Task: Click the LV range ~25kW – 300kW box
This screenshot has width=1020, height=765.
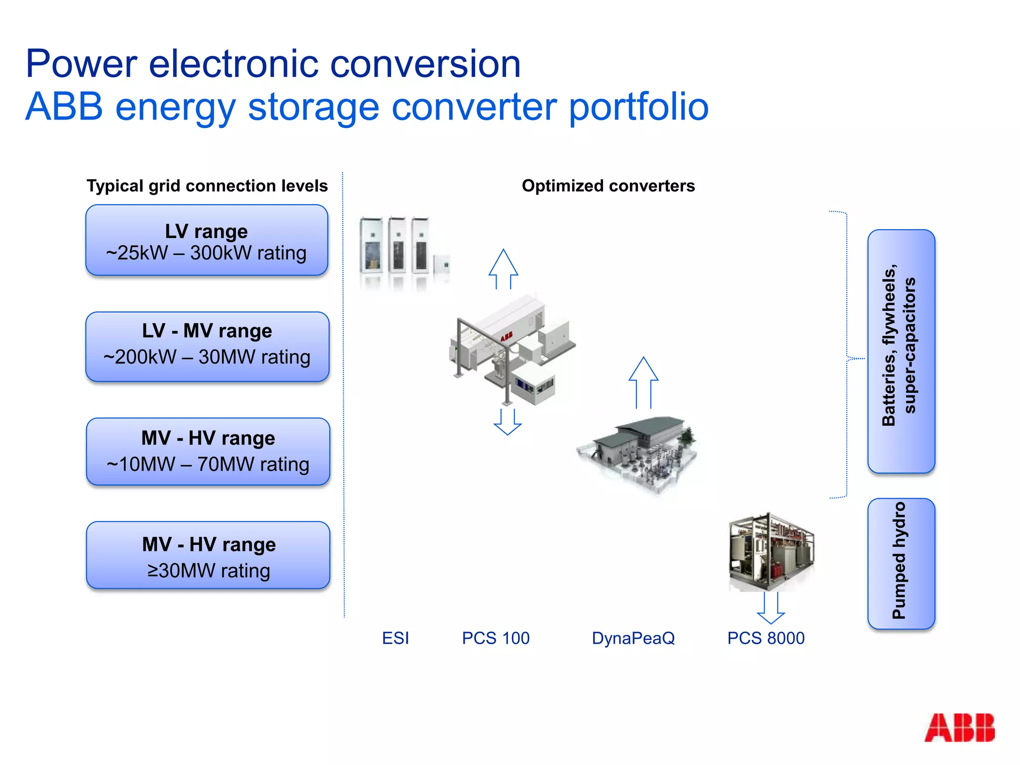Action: click(x=206, y=241)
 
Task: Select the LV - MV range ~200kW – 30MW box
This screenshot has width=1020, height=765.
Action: click(x=207, y=347)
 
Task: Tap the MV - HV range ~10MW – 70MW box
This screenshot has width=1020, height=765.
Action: click(x=208, y=452)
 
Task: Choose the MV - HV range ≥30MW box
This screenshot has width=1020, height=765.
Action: click(x=208, y=556)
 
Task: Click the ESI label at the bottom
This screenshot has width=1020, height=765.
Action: click(x=395, y=638)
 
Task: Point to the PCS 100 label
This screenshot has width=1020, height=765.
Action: click(x=496, y=638)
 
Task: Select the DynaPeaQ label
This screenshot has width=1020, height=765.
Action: click(x=633, y=638)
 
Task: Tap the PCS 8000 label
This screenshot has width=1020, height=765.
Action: click(x=765, y=638)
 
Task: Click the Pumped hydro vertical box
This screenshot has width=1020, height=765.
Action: click(x=901, y=563)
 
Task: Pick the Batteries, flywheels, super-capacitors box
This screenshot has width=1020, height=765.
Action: click(x=901, y=351)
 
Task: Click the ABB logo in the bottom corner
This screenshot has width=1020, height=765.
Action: click(x=959, y=728)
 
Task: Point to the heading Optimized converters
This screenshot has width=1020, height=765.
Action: click(x=608, y=186)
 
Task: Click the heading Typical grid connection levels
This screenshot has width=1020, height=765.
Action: click(x=207, y=186)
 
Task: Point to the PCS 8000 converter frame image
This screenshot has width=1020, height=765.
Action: click(x=771, y=552)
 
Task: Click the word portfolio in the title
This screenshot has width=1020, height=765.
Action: click(x=638, y=107)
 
